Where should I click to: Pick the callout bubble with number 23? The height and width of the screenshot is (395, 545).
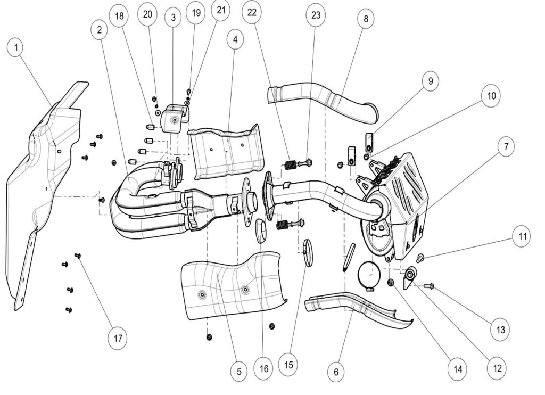(x=316, y=15)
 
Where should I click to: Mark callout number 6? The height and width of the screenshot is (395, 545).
(x=335, y=372)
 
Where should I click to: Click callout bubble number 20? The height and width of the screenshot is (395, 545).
(x=147, y=14)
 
